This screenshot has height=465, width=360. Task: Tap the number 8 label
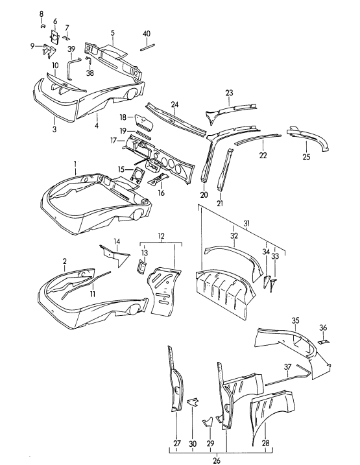(x=41, y=14)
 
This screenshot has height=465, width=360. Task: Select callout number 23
(x=229, y=93)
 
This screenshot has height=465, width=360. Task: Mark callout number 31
(x=246, y=224)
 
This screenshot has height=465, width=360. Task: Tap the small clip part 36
(x=325, y=342)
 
